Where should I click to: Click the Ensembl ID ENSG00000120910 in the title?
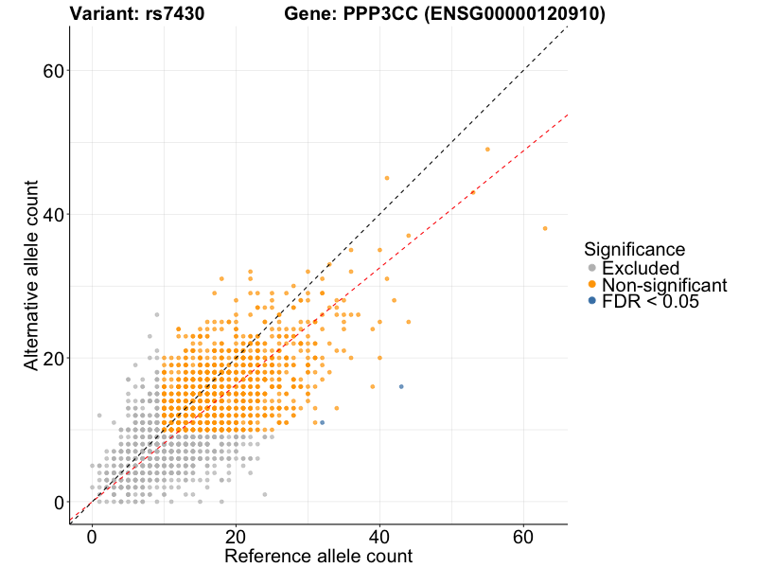click(x=518, y=14)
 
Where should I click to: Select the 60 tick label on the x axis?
click(x=523, y=536)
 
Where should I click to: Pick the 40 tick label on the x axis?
click(x=379, y=536)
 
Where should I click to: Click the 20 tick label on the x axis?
click(x=236, y=536)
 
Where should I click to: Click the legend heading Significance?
click(x=634, y=250)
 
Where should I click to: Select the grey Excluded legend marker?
click(x=592, y=268)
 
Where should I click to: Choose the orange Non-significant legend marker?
click(x=592, y=284)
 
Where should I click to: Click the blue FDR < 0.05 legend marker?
click(x=592, y=300)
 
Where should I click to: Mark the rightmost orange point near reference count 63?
click(x=545, y=228)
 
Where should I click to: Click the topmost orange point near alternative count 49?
click(x=487, y=150)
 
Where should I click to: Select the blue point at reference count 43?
click(x=401, y=386)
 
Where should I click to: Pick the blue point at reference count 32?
click(x=322, y=422)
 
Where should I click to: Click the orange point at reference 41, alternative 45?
click(x=387, y=178)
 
